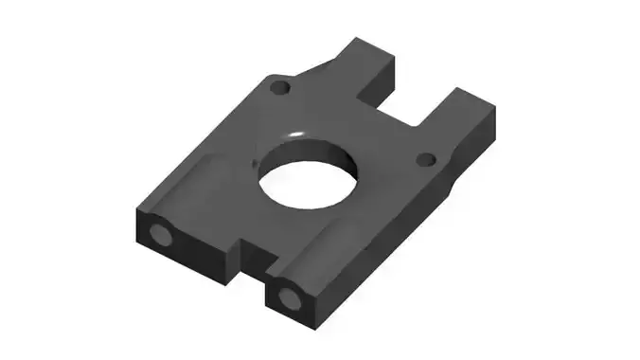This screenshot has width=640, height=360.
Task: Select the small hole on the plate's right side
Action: click(426, 158)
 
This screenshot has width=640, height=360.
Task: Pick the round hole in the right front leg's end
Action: click(290, 300)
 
